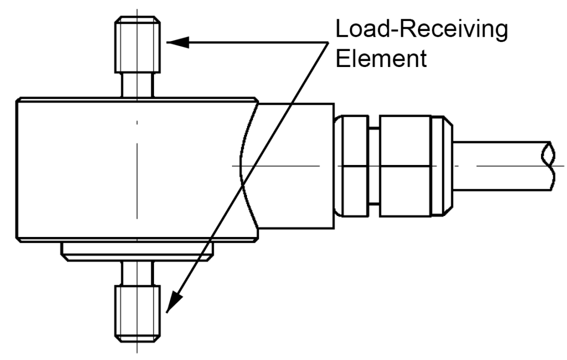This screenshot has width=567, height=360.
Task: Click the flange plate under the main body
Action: (x=136, y=252)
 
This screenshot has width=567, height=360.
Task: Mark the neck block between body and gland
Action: (x=299, y=166)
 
